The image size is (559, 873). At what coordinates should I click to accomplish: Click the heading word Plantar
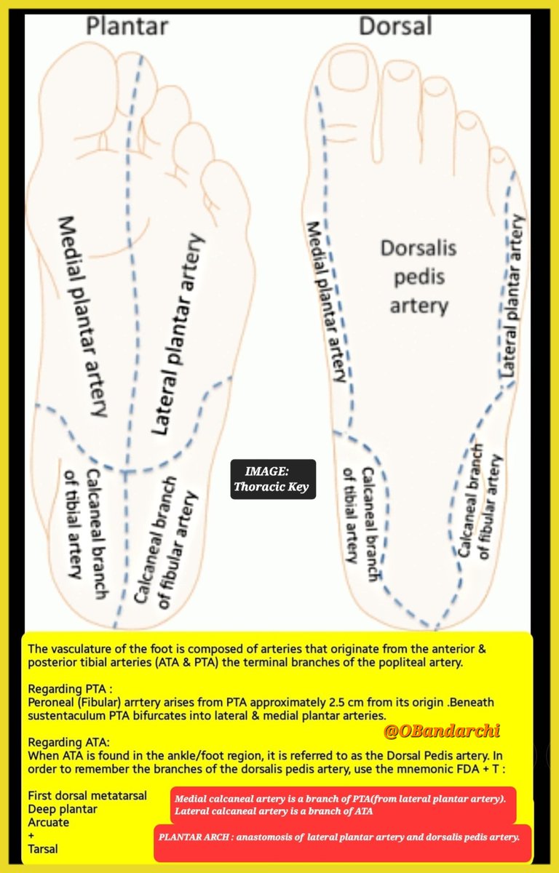(127, 26)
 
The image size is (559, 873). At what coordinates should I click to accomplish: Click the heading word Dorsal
(395, 26)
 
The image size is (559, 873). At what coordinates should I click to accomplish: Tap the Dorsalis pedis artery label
(419, 276)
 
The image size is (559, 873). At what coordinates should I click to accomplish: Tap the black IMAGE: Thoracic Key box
(273, 480)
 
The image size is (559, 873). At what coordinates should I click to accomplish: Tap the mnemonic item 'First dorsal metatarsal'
(87, 795)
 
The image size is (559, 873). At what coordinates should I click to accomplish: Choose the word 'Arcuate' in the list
(49, 822)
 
